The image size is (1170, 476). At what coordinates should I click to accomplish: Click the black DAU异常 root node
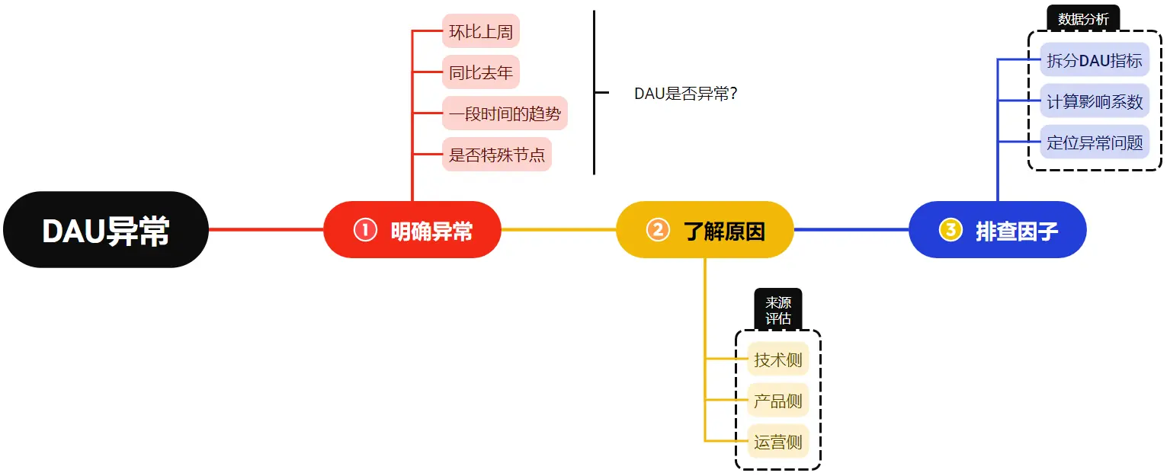(x=106, y=230)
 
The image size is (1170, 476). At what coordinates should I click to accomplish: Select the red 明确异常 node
(x=412, y=230)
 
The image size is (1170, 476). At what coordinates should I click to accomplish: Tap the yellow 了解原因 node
(x=705, y=230)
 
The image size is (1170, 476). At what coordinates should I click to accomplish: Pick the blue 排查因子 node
(x=998, y=230)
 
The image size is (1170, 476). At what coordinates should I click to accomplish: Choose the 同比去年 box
(x=480, y=73)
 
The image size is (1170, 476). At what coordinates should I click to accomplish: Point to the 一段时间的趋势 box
(x=505, y=114)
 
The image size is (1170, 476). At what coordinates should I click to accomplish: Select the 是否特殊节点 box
(x=497, y=155)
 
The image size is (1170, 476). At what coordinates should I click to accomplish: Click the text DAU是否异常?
(x=685, y=94)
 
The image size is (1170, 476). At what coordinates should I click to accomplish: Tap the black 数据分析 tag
(x=1083, y=18)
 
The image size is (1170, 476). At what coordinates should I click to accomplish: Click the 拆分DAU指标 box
(x=1095, y=60)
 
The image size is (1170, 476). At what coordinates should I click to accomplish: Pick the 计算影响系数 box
(x=1095, y=101)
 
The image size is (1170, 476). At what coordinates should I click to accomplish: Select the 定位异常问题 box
(x=1095, y=142)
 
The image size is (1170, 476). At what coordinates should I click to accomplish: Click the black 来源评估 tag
(x=778, y=310)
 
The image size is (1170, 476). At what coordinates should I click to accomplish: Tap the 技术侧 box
(x=778, y=359)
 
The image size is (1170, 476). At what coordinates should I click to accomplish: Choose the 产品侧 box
(x=778, y=401)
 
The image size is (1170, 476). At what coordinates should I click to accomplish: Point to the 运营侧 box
(x=778, y=442)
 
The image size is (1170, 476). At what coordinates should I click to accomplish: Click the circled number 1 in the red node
(x=365, y=230)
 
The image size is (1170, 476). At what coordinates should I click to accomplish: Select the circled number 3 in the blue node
(x=950, y=230)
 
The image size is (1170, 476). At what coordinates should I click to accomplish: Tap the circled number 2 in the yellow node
(x=658, y=230)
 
